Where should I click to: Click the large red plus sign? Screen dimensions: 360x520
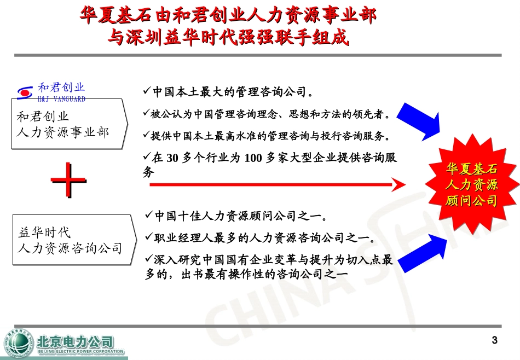pyautogui.click(x=69, y=180)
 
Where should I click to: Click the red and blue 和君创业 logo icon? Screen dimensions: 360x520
pyautogui.click(x=25, y=92)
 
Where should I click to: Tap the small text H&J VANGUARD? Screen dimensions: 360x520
pyautogui.click(x=61, y=100)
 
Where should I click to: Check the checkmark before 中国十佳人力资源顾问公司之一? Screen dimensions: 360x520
pyautogui.click(x=148, y=216)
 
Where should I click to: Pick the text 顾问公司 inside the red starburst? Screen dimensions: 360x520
pyautogui.click(x=471, y=201)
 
